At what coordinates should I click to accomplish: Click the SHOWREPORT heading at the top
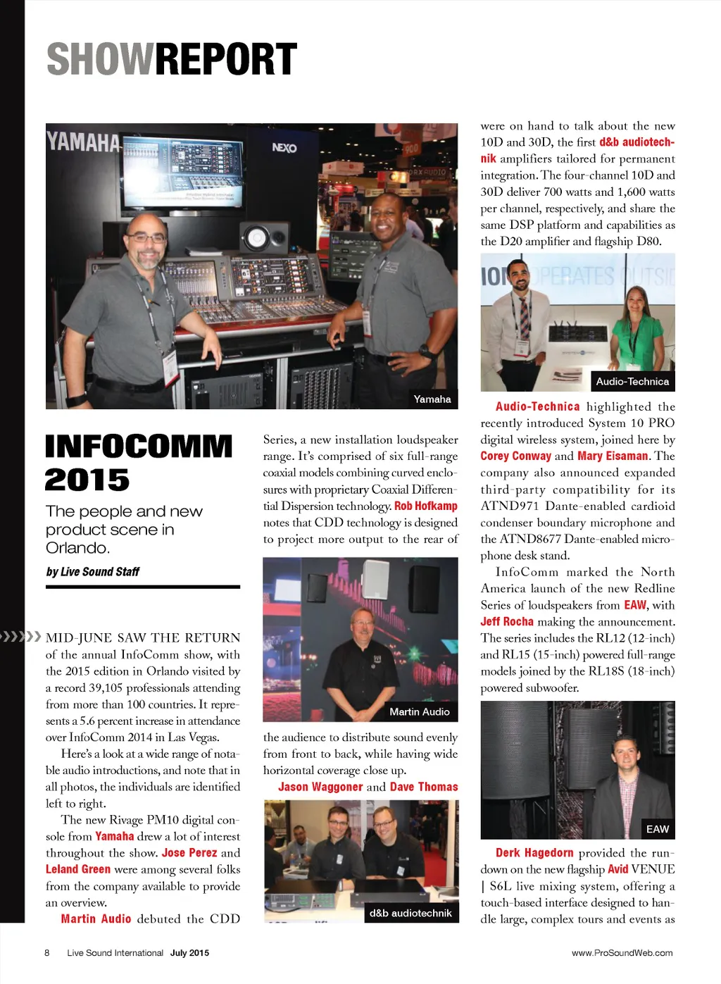click(172, 59)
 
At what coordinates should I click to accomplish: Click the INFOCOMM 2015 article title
click(139, 463)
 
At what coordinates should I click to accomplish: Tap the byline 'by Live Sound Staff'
click(92, 571)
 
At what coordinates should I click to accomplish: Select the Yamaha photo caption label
click(432, 399)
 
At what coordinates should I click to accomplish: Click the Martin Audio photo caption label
click(420, 711)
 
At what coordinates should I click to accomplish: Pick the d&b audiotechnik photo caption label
click(410, 913)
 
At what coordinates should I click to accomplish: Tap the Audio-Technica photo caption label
click(632, 381)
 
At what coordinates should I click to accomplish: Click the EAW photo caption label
click(658, 829)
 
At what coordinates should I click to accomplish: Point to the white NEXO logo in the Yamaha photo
click(284, 148)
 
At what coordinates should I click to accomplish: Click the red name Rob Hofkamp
click(426, 506)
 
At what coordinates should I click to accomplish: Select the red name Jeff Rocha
click(507, 621)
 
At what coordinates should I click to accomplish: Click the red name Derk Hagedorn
click(534, 852)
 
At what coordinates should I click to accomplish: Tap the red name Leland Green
click(78, 869)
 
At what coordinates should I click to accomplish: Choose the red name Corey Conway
click(515, 456)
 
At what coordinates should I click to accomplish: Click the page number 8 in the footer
click(47, 953)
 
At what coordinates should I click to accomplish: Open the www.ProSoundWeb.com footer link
click(622, 953)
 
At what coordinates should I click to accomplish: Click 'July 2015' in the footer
click(189, 953)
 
